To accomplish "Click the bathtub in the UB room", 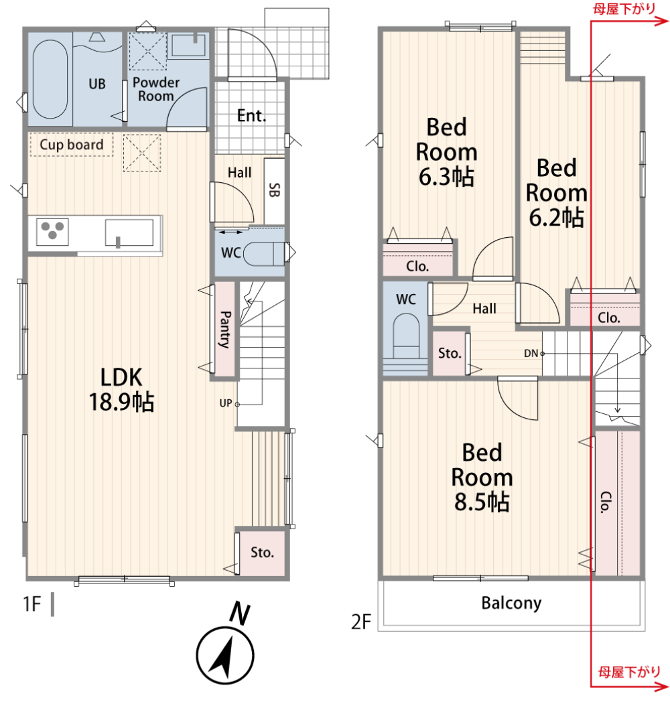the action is [x=50, y=80].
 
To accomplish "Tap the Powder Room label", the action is [x=156, y=89].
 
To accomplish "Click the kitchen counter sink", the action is [x=129, y=233].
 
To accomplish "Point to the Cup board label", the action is [x=72, y=145].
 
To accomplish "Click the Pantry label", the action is [x=225, y=330].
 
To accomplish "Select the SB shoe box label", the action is [x=274, y=190].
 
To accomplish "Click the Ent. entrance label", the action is [x=252, y=116].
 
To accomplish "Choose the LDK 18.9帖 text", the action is [x=121, y=389].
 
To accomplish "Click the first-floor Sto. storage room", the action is [x=262, y=553].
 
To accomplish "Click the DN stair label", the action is [x=531, y=353].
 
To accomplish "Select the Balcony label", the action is [x=511, y=603].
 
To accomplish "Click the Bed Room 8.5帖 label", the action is [x=482, y=477].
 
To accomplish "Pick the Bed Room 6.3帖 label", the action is [x=446, y=152].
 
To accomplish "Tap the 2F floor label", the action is [x=361, y=622].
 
